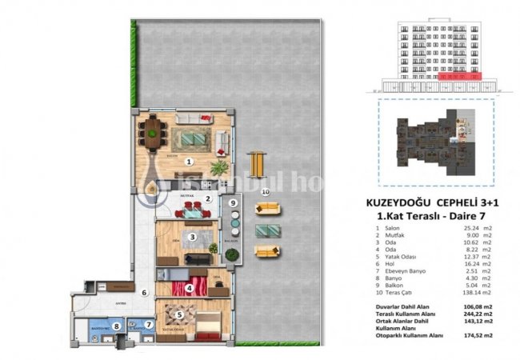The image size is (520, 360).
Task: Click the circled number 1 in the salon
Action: [x=189, y=161]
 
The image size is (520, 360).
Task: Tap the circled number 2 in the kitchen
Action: [x=207, y=199]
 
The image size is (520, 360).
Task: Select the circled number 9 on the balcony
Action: [x=232, y=203]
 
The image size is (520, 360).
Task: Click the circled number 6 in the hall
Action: [x=145, y=292]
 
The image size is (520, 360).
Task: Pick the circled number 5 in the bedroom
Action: [x=179, y=314]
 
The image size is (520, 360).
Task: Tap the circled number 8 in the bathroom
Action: [x=116, y=326]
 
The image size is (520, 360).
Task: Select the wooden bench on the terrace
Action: [x=256, y=164]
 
